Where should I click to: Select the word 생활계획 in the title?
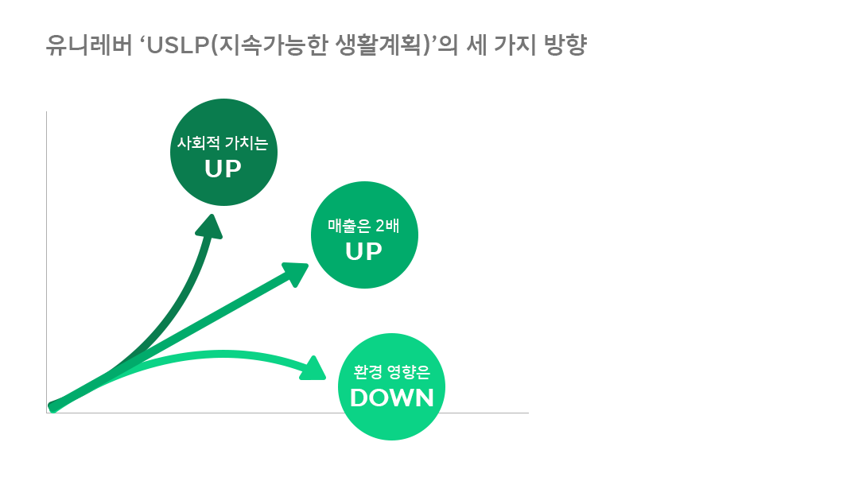pyautogui.click(x=388, y=45)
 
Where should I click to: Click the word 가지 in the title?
pyautogui.click(x=511, y=45)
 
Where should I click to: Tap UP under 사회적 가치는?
pyautogui.click(x=223, y=169)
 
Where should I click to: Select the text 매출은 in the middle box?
pyautogui.click(x=346, y=227)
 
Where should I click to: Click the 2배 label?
pyautogui.click(x=386, y=227)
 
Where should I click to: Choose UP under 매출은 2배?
pyautogui.click(x=363, y=251)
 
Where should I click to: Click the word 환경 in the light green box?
pyautogui.click(x=366, y=372)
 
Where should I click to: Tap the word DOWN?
pyautogui.click(x=391, y=398)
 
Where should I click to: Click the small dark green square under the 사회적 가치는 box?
pyautogui.click(x=208, y=226)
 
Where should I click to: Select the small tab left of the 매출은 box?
pyautogui.click(x=294, y=274)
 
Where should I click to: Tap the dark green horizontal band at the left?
pyautogui.click(x=119, y=246)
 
